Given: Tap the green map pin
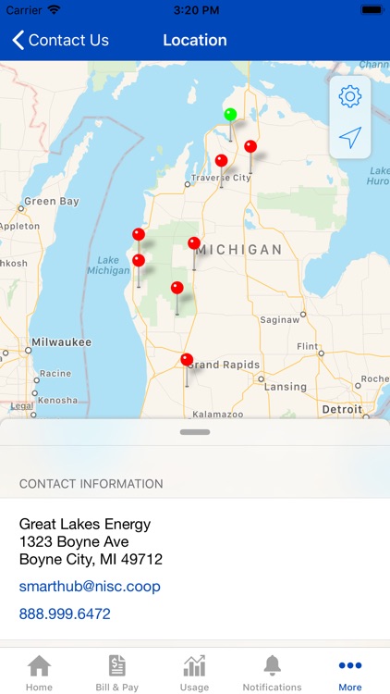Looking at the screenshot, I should point(230,115).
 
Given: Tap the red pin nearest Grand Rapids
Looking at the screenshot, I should point(187,360).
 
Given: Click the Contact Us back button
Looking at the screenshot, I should point(60,40).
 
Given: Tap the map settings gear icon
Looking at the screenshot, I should point(349,96).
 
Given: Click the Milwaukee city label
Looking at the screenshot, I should point(62,342).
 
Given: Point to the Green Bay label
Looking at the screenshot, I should point(52,201).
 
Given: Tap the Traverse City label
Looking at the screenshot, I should point(222,178).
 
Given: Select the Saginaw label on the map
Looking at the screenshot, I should point(279,319).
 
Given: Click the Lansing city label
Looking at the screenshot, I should point(286,387).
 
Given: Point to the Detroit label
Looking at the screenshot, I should point(342,409).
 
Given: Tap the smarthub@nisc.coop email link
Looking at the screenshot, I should point(90,586).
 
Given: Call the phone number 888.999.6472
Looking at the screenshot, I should point(65,613).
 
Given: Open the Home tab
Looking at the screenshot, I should point(39,673).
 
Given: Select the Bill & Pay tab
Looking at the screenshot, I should point(116,673).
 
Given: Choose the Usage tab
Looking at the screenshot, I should point(194,673).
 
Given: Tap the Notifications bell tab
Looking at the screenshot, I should point(272,673).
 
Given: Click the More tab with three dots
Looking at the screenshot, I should point(350,673).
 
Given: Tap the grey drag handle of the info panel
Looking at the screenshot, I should point(195,432).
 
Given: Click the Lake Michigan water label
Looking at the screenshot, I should point(108,265).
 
